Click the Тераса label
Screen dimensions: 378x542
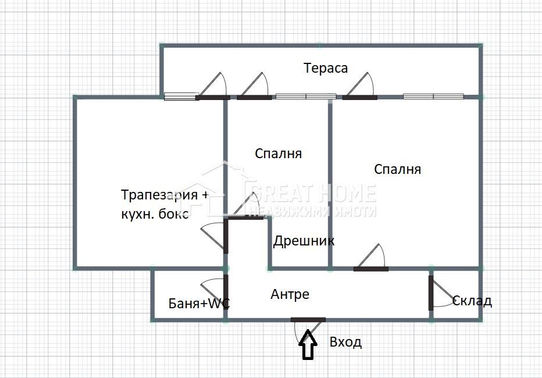tap(326, 68)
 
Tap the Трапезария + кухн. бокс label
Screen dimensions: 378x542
tap(164, 204)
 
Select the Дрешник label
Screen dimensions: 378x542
tap(304, 241)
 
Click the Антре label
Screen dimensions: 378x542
tap(290, 294)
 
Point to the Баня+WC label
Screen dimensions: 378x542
tap(199, 303)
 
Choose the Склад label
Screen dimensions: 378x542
tap(472, 301)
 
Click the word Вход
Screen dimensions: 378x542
tap(345, 342)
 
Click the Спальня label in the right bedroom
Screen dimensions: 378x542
tap(397, 169)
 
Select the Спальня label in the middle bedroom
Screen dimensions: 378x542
tap(278, 154)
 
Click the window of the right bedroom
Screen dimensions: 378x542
tap(433, 97)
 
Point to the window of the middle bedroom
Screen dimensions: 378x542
tap(305, 97)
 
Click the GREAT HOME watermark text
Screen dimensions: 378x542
tap(311, 194)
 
